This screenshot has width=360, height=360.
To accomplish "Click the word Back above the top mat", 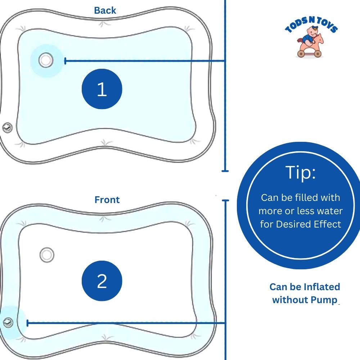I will [x=105, y=10].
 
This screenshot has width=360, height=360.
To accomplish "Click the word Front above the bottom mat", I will [x=107, y=200].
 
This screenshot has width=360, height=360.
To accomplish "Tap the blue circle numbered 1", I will [x=102, y=89].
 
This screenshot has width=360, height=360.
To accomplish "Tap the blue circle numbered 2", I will [x=102, y=281].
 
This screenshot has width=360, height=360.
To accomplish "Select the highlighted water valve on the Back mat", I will [x=46, y=60].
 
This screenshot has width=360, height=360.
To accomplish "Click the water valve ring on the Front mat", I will [x=46, y=255].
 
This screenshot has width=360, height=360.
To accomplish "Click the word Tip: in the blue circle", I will [x=300, y=173].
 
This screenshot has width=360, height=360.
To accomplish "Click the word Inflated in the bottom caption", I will [x=322, y=287].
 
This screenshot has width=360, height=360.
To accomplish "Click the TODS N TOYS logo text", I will [x=311, y=27].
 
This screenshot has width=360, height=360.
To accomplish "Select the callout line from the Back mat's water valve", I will [x=144, y=61].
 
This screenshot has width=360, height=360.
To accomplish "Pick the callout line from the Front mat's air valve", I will [x=126, y=323].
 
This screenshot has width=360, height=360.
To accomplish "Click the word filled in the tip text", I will [x=311, y=198].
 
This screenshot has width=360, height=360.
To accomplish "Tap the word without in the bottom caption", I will [x=288, y=300].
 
